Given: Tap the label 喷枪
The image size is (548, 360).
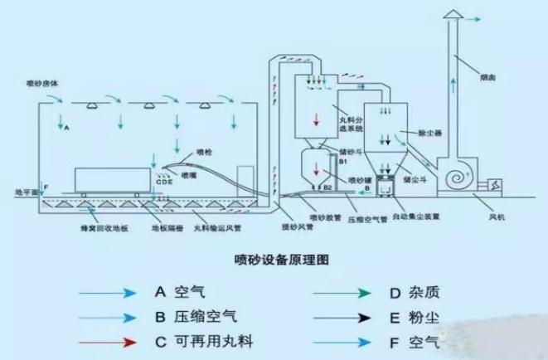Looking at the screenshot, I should [x=205, y=151].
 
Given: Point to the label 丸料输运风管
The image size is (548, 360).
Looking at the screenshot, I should [x=218, y=226].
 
